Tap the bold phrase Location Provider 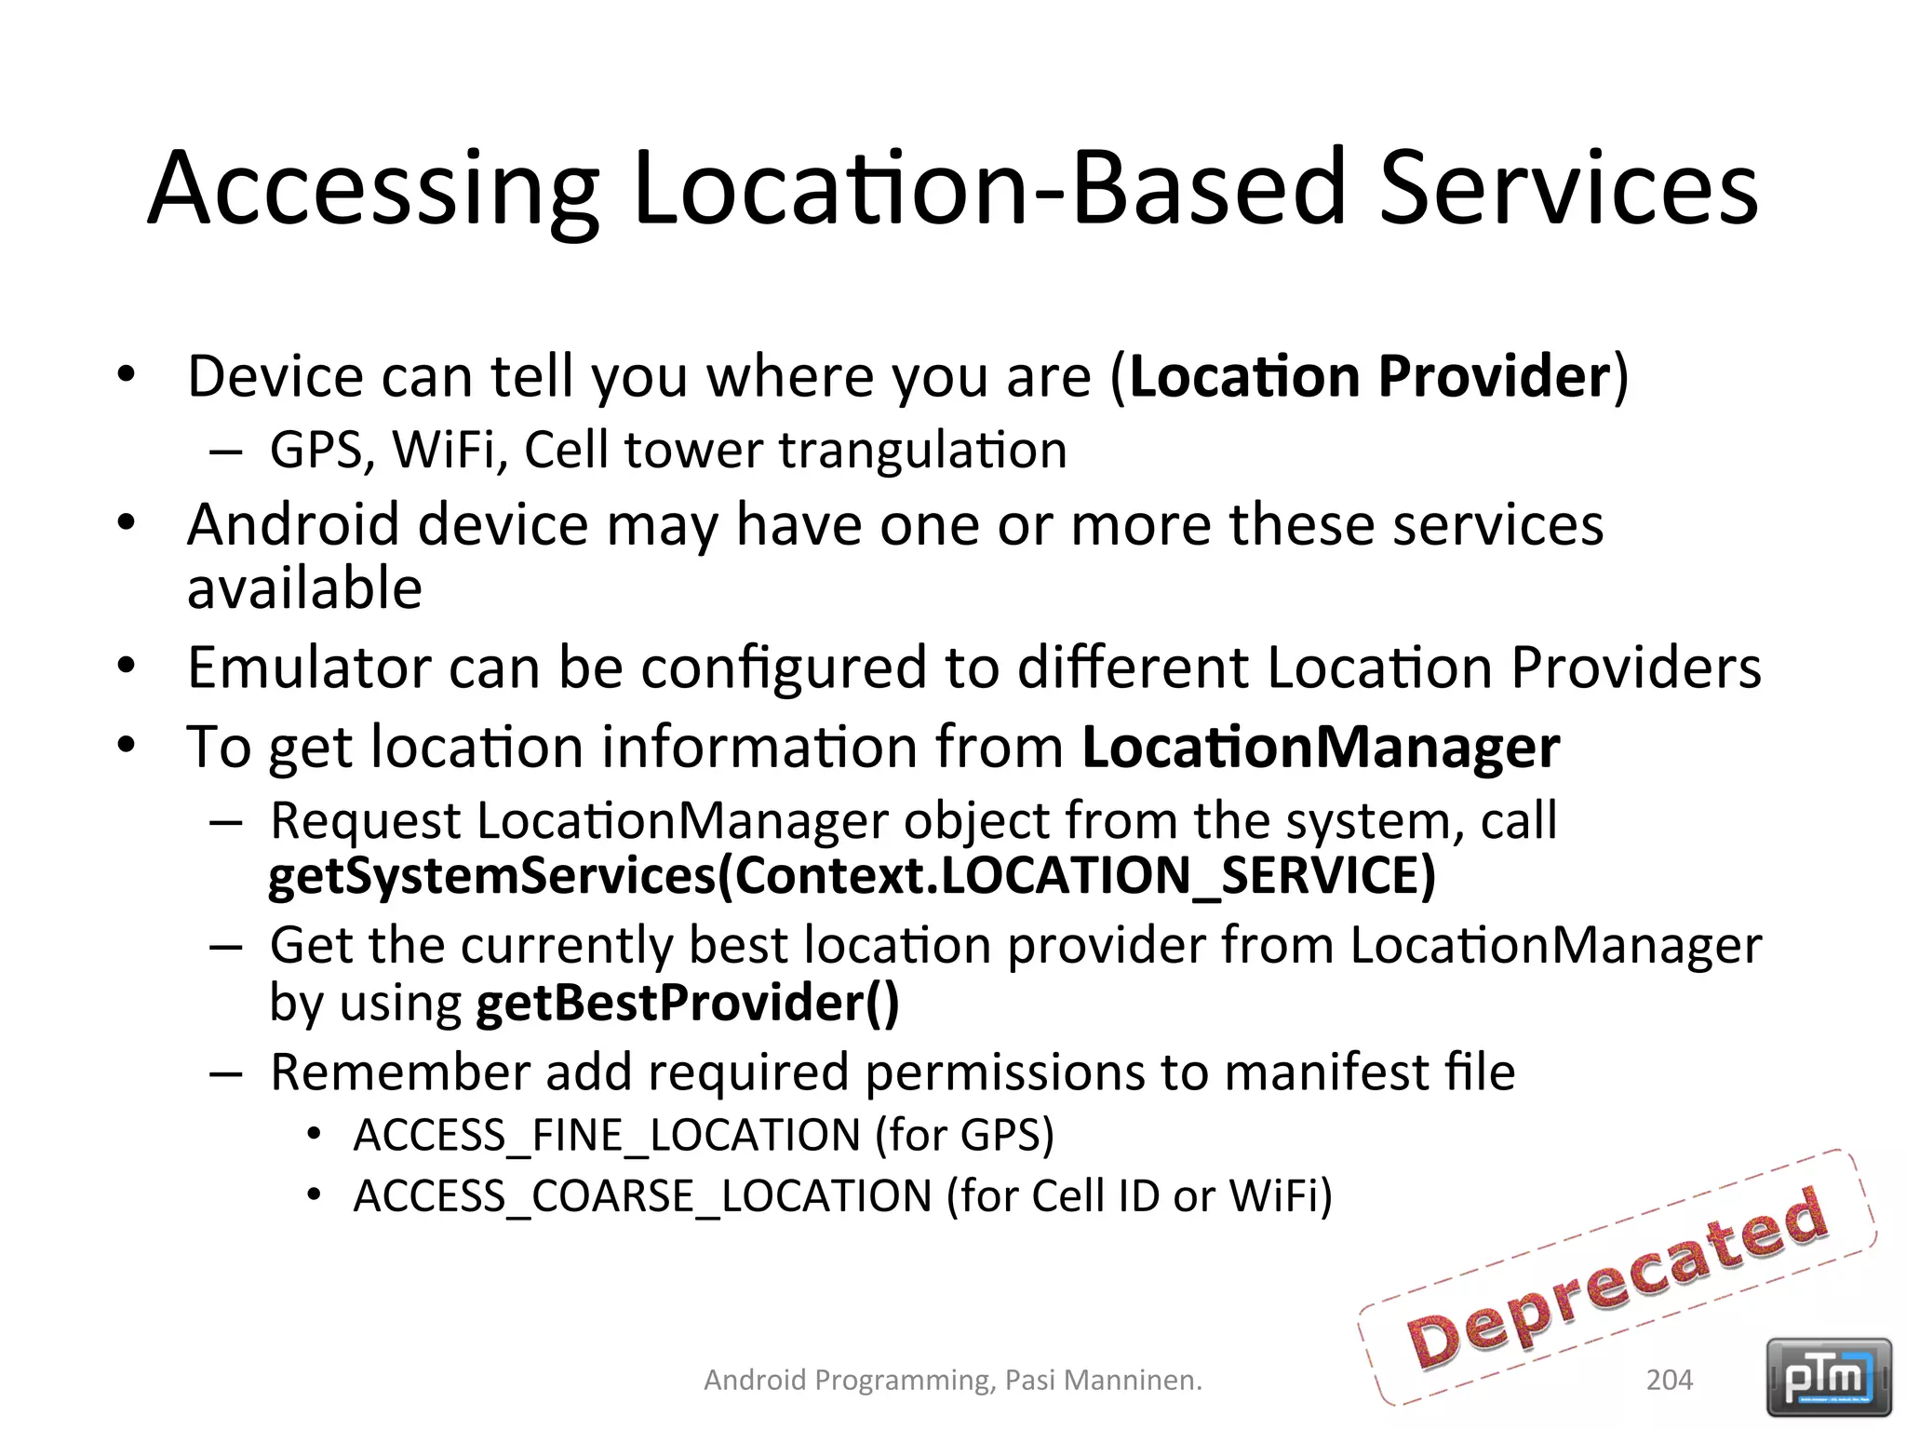click(1369, 376)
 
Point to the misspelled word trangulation click(922, 451)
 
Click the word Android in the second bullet click(294, 525)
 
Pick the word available click(304, 588)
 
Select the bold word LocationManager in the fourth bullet click(1321, 747)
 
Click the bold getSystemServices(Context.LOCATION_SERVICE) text click(852, 876)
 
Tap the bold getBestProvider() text click(687, 1003)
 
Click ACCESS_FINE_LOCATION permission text click(607, 1136)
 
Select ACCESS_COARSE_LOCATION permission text click(642, 1196)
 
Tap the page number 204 click(1670, 1380)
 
